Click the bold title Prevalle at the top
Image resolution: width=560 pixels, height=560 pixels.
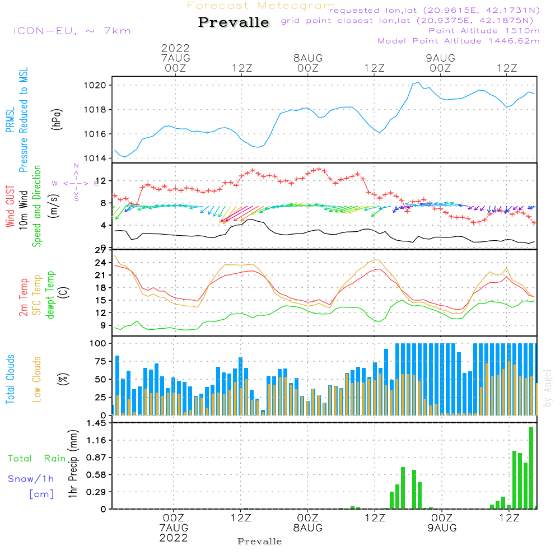pyautogui.click(x=234, y=22)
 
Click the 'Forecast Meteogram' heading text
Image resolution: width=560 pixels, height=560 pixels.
pyautogui.click(x=261, y=6)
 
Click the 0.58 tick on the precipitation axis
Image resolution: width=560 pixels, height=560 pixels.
pyautogui.click(x=99, y=475)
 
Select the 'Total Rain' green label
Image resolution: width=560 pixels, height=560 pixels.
pyautogui.click(x=36, y=459)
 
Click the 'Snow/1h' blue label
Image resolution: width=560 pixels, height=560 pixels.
pyautogui.click(x=31, y=479)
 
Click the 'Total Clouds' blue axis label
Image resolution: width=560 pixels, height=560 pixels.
pyautogui.click(x=11, y=380)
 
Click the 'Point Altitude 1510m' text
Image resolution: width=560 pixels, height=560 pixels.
pyautogui.click(x=484, y=30)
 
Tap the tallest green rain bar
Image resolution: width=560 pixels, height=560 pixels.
pyautogui.click(x=531, y=468)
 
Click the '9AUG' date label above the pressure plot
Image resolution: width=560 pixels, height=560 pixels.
pyautogui.click(x=440, y=58)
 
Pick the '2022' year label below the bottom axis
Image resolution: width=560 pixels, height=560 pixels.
pyautogui.click(x=174, y=538)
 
